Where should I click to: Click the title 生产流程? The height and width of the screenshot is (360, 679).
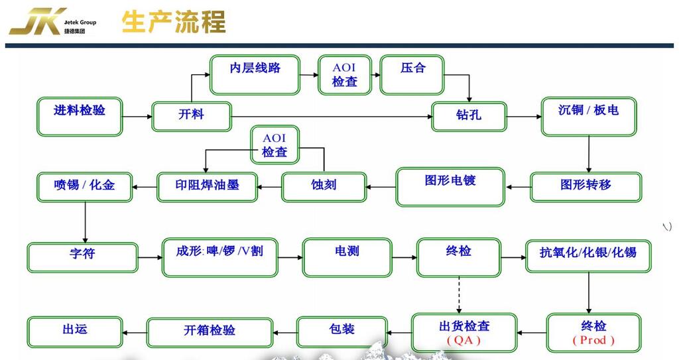(174, 22)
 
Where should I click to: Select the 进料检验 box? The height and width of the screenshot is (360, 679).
(80, 117)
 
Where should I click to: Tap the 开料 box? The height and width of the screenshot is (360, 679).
(192, 116)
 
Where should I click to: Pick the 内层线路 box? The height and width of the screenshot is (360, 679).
(255, 75)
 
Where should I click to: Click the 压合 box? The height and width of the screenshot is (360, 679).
(412, 75)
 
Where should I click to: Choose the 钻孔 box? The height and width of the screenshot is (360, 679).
(469, 116)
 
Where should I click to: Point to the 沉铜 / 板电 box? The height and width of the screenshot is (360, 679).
(589, 117)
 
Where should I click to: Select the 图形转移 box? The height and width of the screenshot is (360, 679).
(586, 187)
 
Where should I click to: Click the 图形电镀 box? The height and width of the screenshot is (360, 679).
(450, 187)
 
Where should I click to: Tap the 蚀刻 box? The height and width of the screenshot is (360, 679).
(324, 187)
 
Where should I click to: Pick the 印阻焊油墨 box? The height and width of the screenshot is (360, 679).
(208, 187)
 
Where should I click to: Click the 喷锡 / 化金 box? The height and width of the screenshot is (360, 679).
(84, 187)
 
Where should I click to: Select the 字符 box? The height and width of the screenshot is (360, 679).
(83, 257)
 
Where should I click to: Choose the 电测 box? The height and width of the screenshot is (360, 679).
(347, 257)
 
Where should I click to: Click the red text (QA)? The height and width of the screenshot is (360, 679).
(463, 341)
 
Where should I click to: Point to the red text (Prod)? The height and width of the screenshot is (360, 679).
(593, 340)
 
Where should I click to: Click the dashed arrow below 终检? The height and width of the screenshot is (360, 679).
(459, 295)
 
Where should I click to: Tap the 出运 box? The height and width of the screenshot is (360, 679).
(75, 332)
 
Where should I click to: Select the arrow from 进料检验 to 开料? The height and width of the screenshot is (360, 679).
(137, 117)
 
